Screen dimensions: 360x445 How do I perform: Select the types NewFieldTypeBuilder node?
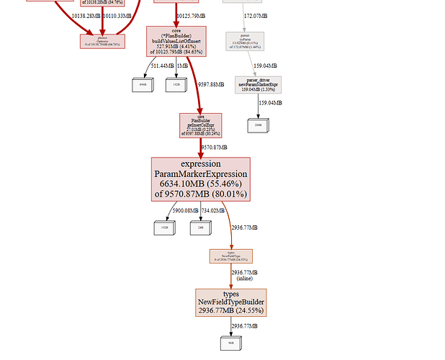pos(230,302)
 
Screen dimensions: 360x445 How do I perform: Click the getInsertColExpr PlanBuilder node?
pos(201,125)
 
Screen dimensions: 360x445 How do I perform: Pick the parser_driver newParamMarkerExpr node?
pos(258,85)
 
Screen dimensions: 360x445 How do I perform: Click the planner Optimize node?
pos(102,41)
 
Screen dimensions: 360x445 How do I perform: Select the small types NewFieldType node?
pos(230,256)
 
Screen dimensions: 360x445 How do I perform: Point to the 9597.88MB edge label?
pos(212,84)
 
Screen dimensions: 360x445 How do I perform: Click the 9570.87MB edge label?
pos(215,147)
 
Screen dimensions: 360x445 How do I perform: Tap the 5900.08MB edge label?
pos(186,210)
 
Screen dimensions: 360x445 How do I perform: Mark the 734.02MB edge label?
pos(214,210)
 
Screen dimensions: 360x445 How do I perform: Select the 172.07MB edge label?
pos(256,15)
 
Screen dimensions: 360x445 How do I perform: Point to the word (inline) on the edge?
pos(245,279)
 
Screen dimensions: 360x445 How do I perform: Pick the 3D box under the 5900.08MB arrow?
pos(164,228)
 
